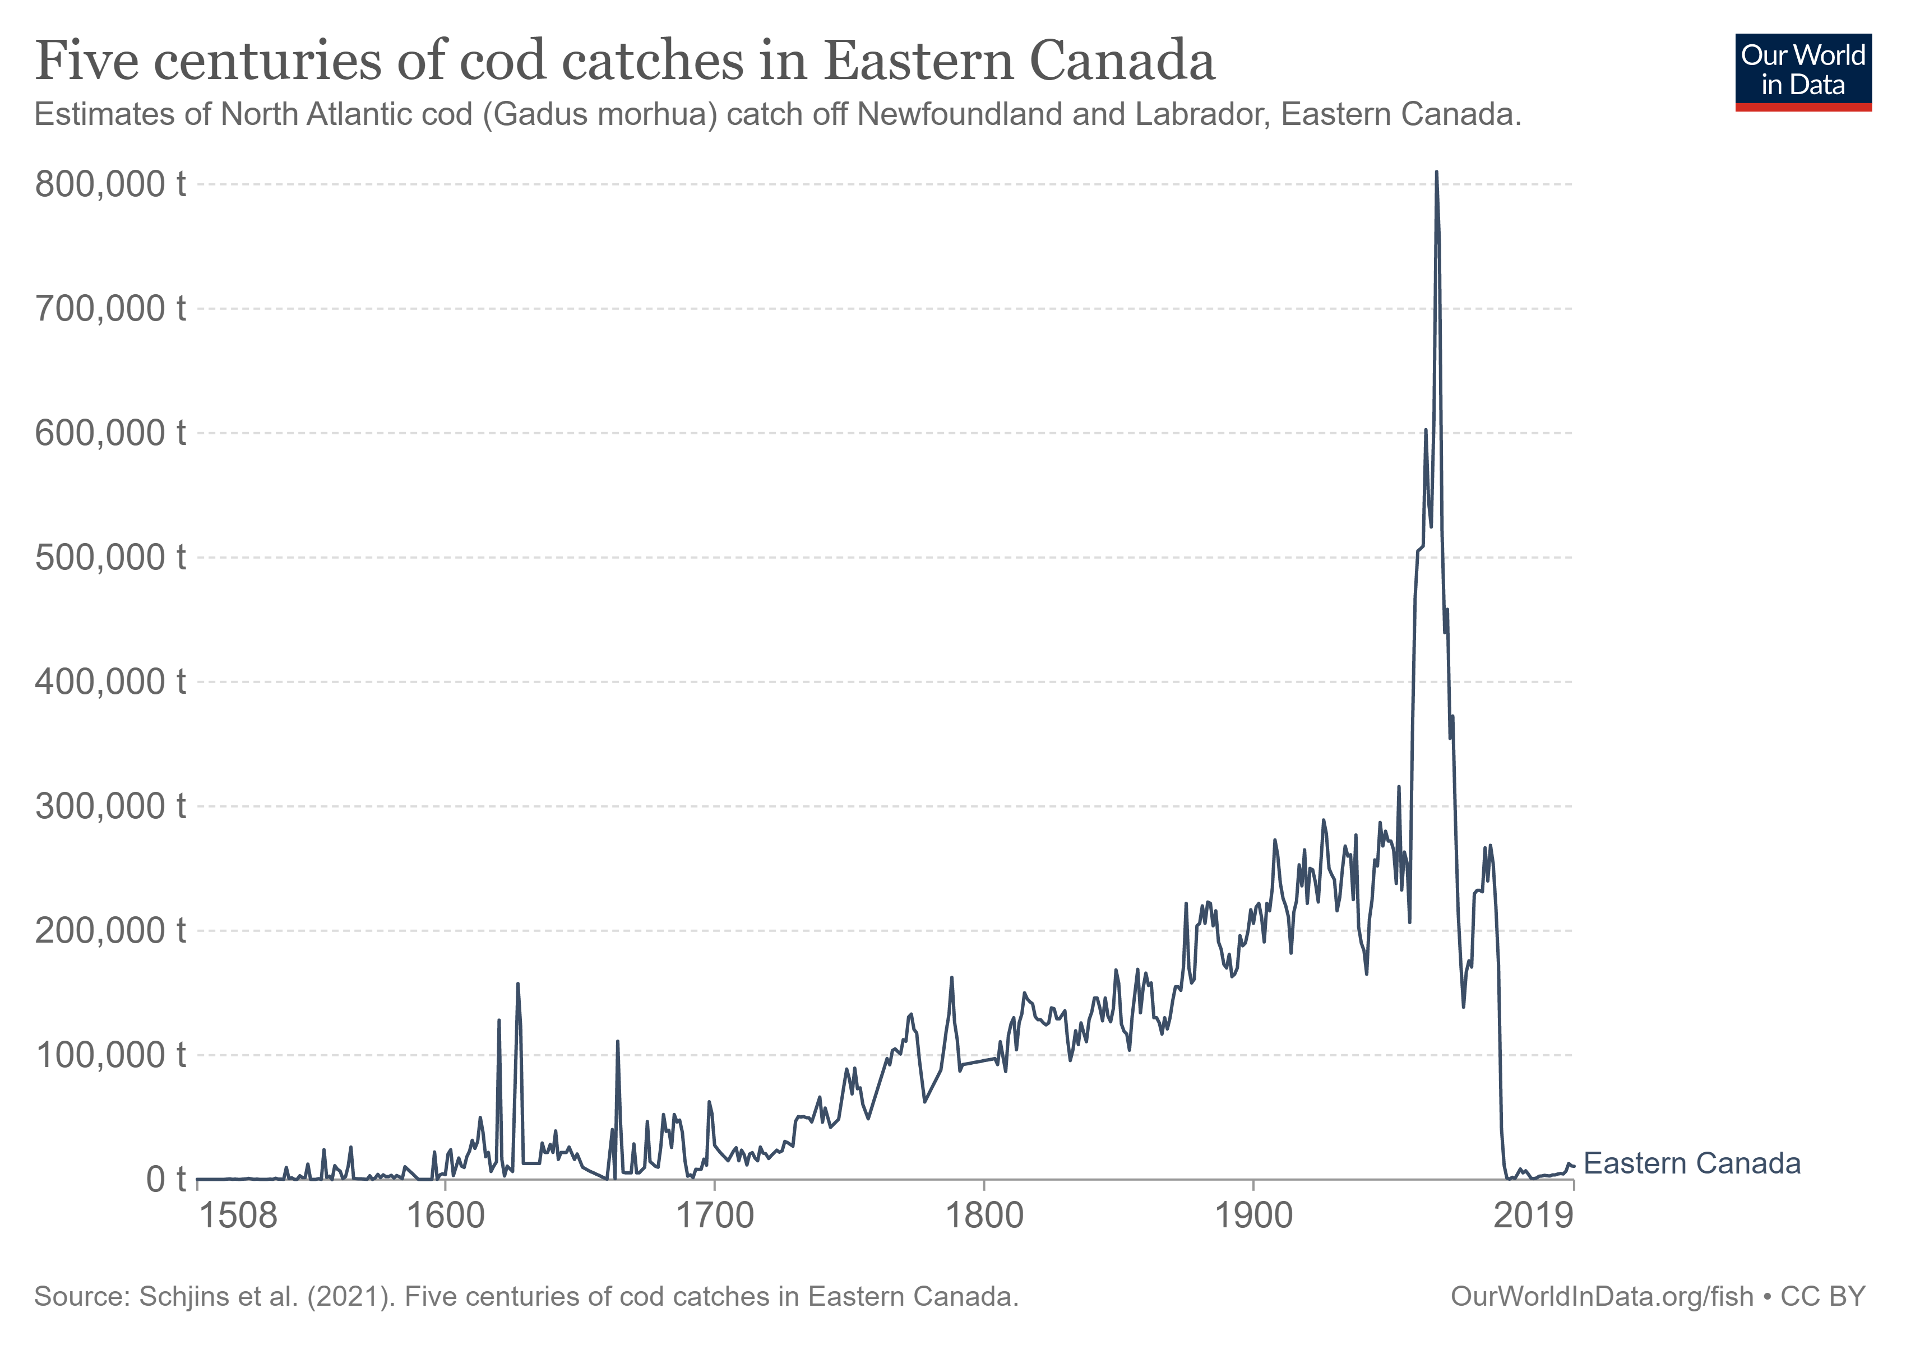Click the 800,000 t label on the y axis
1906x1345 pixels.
coord(109,184)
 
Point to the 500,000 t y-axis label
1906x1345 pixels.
coord(109,558)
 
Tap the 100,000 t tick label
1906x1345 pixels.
coord(109,1055)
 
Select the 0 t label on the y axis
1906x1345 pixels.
coord(165,1179)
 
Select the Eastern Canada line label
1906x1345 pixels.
coord(1692,1163)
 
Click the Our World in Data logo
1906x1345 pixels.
coord(1803,71)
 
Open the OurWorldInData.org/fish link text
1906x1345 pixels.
coord(1602,1296)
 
